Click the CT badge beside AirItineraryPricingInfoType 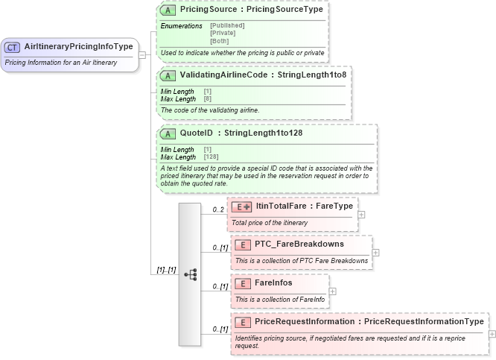coord(13,47)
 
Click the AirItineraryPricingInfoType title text coord(78,47)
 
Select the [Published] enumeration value coord(227,25)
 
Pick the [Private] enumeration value coord(222,33)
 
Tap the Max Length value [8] coord(208,98)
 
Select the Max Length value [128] coord(211,157)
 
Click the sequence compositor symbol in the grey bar coord(190,274)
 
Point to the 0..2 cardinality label coord(218,209)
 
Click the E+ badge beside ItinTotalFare coord(242,206)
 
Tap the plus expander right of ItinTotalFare coord(361,215)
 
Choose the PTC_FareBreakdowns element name coord(299,244)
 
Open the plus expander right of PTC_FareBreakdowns coord(375,252)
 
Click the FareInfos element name coord(273,283)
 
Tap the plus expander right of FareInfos coord(332,291)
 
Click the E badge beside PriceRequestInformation coord(242,321)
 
